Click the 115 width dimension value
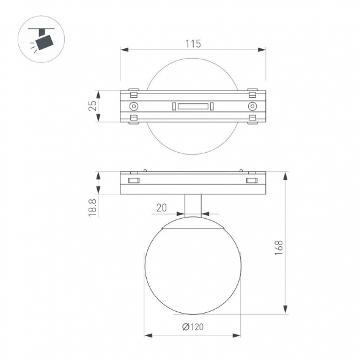pos(193,43)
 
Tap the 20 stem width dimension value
pos(161,208)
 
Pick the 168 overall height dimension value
pos(279,246)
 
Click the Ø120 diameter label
pos(193,327)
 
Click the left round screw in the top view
pos(134,106)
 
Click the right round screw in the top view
pos(251,106)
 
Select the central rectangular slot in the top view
pos(193,106)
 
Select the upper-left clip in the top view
pos(134,94)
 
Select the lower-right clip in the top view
pos(251,119)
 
